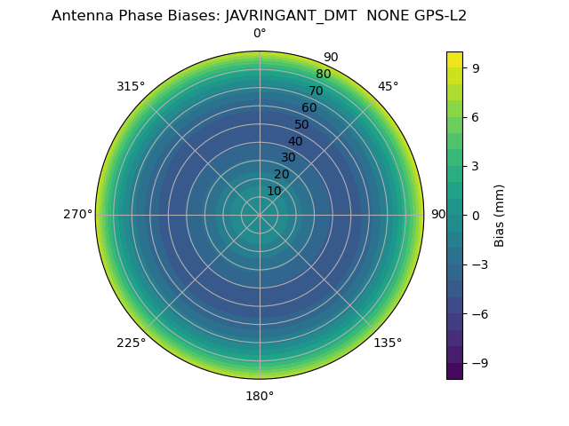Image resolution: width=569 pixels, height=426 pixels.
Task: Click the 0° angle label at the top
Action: [260, 34]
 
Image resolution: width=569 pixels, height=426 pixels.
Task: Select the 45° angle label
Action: [388, 86]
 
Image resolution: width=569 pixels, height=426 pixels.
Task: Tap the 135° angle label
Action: [388, 343]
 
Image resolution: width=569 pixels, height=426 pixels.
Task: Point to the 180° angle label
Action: [260, 396]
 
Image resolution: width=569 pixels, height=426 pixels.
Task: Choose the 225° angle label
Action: [131, 343]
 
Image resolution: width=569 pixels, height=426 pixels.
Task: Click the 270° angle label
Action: [77, 215]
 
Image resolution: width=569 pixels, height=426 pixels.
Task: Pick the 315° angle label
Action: [131, 86]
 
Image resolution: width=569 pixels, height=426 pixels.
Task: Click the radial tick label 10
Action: [274, 191]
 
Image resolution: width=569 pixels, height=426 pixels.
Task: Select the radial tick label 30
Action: [288, 158]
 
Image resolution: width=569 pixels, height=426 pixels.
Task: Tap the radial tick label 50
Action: [302, 125]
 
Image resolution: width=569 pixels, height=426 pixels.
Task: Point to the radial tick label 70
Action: [317, 91]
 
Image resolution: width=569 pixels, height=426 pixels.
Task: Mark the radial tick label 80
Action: [324, 75]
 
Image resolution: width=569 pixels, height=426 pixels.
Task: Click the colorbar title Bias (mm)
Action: [500, 215]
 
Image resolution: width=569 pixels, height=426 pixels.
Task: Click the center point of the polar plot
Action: [260, 215]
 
